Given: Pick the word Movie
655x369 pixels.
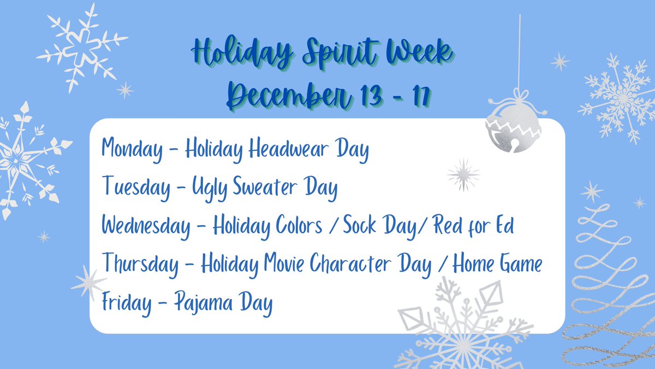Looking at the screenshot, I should click(285, 265).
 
